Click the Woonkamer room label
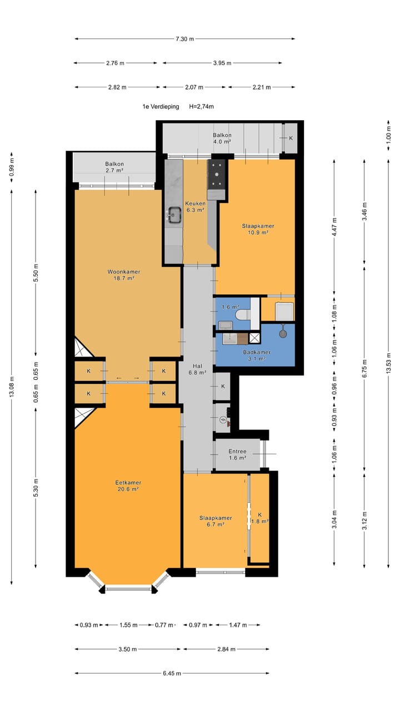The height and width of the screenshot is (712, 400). click(x=124, y=272)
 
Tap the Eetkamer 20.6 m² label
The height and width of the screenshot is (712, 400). click(x=128, y=486)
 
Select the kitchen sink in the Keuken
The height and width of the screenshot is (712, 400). click(x=174, y=215)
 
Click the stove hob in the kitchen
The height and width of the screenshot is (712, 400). click(x=217, y=175)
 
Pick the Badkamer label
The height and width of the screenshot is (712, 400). click(x=257, y=352)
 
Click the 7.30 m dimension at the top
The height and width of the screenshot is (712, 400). click(x=185, y=39)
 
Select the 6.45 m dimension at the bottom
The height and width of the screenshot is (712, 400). click(x=172, y=673)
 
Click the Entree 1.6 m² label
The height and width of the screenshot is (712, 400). click(x=237, y=454)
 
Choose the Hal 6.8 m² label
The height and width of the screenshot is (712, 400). click(x=197, y=369)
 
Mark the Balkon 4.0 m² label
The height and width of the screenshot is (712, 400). click(x=222, y=139)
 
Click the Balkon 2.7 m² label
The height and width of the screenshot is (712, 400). click(x=114, y=167)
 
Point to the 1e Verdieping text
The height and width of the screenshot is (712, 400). click(x=161, y=106)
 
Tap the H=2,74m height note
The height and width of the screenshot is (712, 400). click(x=201, y=106)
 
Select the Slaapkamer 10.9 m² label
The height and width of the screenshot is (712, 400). click(x=258, y=229)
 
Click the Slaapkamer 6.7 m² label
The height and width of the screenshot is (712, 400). click(x=216, y=521)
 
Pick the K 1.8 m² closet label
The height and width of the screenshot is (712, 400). click(x=260, y=518)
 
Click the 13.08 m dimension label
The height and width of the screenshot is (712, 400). click(x=12, y=387)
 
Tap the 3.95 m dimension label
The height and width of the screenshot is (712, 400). click(x=222, y=63)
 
